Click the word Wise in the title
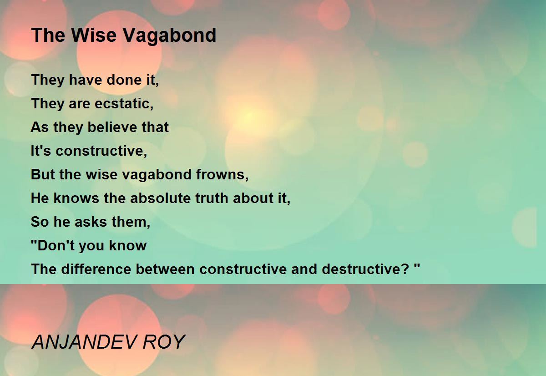tap(94, 35)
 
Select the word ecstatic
tap(124, 104)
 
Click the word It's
tap(40, 151)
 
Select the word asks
tap(91, 222)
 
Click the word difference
tap(96, 269)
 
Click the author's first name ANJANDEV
tap(84, 342)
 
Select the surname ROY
tap(164, 342)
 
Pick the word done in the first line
tap(124, 80)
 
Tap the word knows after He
tap(76, 198)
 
